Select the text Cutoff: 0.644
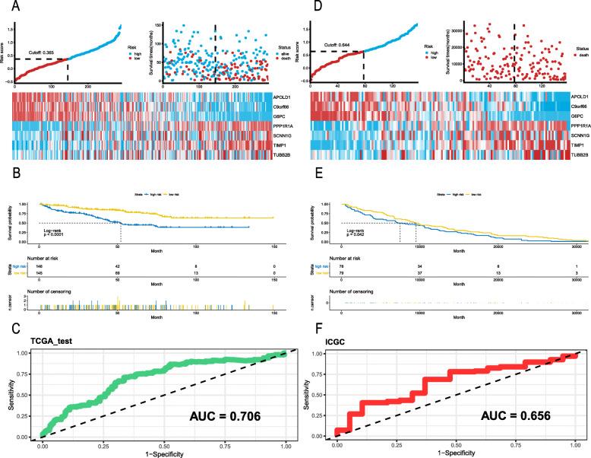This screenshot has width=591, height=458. point(349,38)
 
